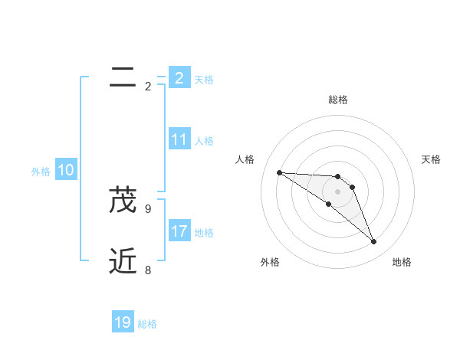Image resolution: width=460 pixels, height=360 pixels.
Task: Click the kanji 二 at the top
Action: pyautogui.click(x=123, y=77)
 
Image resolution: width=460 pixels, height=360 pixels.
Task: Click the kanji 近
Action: pyautogui.click(x=123, y=261)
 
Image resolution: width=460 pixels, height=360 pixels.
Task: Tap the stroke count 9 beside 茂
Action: pyautogui.click(x=148, y=208)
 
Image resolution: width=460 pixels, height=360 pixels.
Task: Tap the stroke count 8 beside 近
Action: pyautogui.click(x=148, y=270)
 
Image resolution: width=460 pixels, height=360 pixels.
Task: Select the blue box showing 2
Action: pyautogui.click(x=179, y=77)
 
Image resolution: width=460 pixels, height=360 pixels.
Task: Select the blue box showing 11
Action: pyautogui.click(x=179, y=139)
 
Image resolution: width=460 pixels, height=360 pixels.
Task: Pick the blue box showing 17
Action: pyautogui.click(x=179, y=231)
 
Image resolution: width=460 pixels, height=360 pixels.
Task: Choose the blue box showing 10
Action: pyautogui.click(x=66, y=171)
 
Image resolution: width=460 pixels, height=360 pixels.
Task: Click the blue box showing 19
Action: pyautogui.click(x=123, y=322)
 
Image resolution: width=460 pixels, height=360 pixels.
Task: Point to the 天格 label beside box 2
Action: pyautogui.click(x=204, y=79)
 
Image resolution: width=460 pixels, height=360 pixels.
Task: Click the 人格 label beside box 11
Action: pyautogui.click(x=204, y=141)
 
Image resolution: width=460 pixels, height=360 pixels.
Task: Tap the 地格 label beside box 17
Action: pyautogui.click(x=204, y=232)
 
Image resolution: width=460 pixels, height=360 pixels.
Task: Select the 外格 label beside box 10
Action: pyautogui.click(x=41, y=172)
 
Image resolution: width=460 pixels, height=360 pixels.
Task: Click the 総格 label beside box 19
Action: pyautogui.click(x=147, y=324)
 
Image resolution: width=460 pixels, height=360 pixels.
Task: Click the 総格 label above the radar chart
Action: pyautogui.click(x=338, y=100)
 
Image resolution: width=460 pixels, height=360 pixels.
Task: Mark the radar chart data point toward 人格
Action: pyautogui.click(x=279, y=172)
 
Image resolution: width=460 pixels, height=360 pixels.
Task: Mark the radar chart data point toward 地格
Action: pyautogui.click(x=374, y=242)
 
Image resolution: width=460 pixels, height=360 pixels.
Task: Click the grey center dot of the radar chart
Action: pyautogui.click(x=338, y=191)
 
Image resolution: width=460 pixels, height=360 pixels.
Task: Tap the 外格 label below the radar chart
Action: pyautogui.click(x=270, y=262)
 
